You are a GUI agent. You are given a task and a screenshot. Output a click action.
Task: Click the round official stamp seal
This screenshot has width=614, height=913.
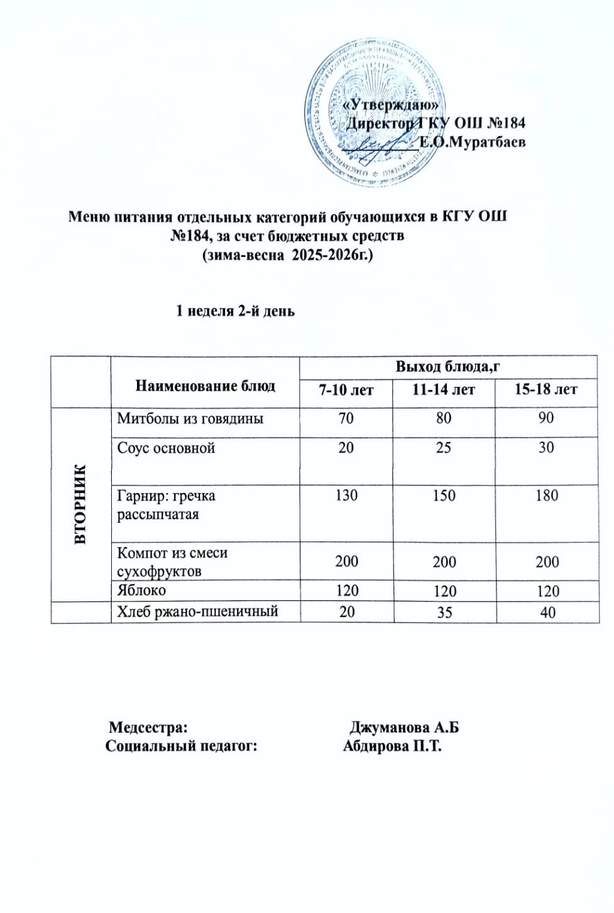pyautogui.click(x=372, y=113)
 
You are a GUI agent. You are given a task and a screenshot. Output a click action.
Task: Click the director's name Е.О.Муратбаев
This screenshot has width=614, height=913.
pyautogui.click(x=472, y=143)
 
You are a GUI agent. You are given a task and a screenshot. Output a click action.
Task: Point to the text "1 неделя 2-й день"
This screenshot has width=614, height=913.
pyautogui.click(x=235, y=311)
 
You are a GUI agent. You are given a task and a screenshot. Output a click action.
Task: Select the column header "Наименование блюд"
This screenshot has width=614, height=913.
pyautogui.click(x=205, y=386)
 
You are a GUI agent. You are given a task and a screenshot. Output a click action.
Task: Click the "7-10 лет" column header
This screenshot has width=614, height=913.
pyautogui.click(x=346, y=390)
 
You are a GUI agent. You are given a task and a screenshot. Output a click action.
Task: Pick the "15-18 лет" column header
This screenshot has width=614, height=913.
pyautogui.click(x=545, y=389)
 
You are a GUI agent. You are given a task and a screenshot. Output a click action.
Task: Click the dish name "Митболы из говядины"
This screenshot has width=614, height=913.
pyautogui.click(x=190, y=418)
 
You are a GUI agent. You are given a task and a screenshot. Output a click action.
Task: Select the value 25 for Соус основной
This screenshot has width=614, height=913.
pyautogui.click(x=444, y=448)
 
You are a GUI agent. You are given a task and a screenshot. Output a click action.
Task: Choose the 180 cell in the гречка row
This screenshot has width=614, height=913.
pyautogui.click(x=547, y=495)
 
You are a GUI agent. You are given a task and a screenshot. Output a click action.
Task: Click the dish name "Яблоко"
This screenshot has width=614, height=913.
pyautogui.click(x=141, y=590)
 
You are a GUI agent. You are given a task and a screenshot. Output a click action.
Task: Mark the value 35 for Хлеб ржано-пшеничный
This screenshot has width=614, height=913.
pyautogui.click(x=444, y=612)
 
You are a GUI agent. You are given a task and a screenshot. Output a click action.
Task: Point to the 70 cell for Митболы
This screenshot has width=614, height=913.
pyautogui.click(x=346, y=418)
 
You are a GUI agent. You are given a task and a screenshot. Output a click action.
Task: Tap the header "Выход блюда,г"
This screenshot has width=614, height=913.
pyautogui.click(x=447, y=367)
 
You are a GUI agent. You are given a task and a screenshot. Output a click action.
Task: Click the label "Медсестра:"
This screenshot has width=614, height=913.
pyautogui.click(x=148, y=727)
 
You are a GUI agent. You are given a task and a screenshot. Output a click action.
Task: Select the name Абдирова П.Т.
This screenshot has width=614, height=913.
pyautogui.click(x=392, y=746)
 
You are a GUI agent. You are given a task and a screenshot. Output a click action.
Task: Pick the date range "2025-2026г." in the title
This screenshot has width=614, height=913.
pyautogui.click(x=333, y=256)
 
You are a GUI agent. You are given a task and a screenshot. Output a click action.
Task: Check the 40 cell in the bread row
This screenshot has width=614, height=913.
pyautogui.click(x=547, y=612)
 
